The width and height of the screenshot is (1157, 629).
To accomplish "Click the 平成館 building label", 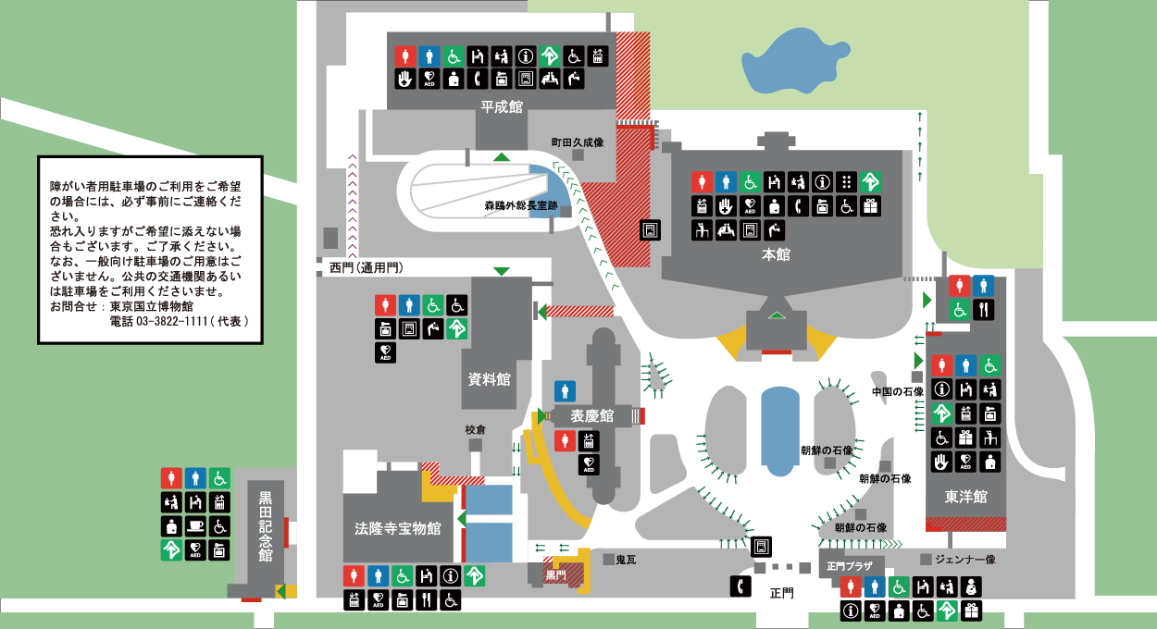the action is (502, 106).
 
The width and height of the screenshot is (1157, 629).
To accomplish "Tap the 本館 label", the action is (776, 254).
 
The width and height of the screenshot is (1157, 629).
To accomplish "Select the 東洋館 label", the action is (966, 497).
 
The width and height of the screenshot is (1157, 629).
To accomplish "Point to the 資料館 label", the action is (489, 379).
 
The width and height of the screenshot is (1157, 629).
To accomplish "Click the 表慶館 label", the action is (592, 416).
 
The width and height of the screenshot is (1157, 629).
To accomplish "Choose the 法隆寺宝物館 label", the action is (398, 528).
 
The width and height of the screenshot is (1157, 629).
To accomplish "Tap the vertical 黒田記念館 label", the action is (266, 526).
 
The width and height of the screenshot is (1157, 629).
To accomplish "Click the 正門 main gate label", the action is (781, 594).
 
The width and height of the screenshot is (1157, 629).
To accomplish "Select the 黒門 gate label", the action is (555, 574).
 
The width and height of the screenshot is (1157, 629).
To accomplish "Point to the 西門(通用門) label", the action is (367, 268).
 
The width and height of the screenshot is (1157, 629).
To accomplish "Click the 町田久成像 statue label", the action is (578, 142).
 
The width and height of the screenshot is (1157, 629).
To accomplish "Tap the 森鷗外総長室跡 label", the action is (520, 205).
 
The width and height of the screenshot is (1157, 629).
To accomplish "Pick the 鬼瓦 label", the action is (626, 560).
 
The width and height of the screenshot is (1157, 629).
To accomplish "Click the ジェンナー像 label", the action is (964, 560).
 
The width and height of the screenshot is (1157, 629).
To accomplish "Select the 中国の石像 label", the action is (898, 391).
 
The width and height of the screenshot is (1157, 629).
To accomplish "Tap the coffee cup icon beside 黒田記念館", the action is (195, 526).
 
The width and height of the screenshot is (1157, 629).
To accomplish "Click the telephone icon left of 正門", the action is (740, 586).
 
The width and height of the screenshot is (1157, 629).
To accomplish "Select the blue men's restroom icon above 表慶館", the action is (565, 391).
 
